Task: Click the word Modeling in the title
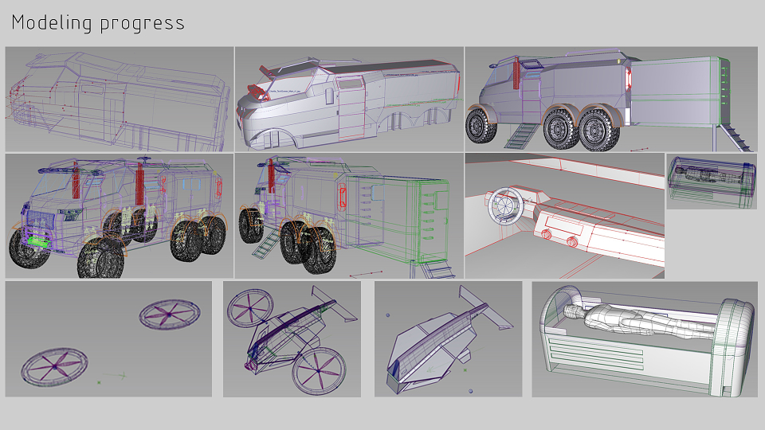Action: [52, 22]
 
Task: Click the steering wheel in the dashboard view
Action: [505, 205]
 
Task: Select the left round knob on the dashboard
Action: [546, 235]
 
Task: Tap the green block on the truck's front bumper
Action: [38, 240]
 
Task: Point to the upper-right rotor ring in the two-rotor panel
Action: [170, 315]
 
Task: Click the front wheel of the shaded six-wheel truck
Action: [481, 127]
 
